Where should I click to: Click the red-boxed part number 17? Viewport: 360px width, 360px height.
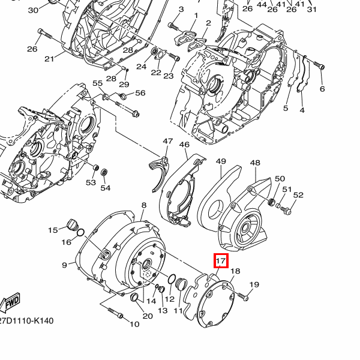point(221,261)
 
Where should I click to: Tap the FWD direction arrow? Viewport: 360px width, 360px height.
point(10,303)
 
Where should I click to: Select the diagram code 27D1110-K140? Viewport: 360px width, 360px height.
point(26,321)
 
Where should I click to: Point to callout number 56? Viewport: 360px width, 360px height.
point(140,93)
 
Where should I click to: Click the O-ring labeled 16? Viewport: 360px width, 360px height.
point(80,233)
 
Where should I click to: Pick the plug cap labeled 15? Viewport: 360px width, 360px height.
point(71,224)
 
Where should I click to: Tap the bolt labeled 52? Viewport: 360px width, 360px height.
point(286,210)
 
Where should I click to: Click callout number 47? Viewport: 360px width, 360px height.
point(167,141)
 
